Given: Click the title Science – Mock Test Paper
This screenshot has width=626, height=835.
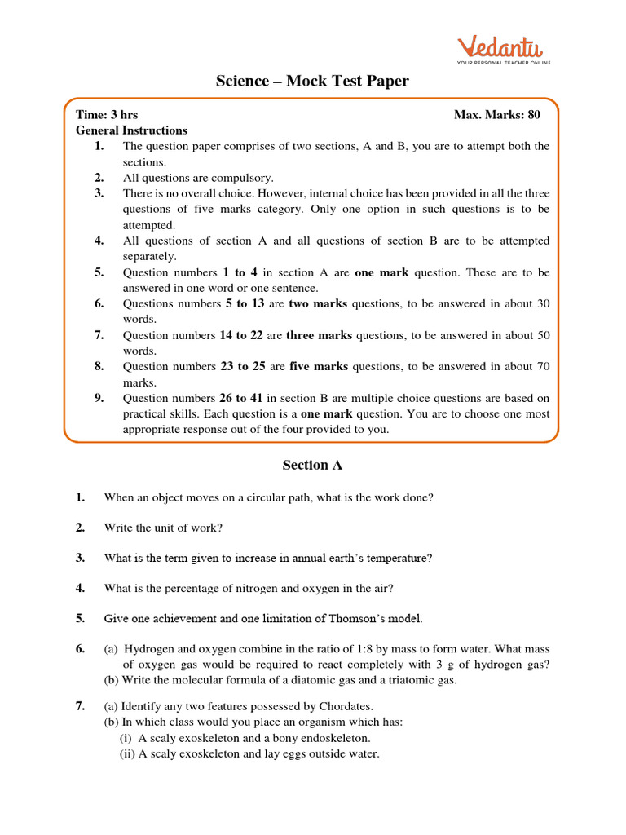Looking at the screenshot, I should [x=312, y=81].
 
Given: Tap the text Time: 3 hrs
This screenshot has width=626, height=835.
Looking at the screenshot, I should [x=101, y=115].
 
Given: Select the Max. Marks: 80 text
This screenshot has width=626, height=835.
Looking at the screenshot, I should [x=496, y=115].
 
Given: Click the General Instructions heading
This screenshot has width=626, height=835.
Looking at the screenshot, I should [x=131, y=130].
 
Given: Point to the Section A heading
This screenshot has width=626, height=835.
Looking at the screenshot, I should [x=312, y=466].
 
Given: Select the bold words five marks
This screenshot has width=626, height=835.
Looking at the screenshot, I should [x=319, y=367].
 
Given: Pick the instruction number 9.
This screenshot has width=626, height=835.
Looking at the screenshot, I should [x=99, y=398].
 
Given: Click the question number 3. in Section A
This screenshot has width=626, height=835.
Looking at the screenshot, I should [x=80, y=558].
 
